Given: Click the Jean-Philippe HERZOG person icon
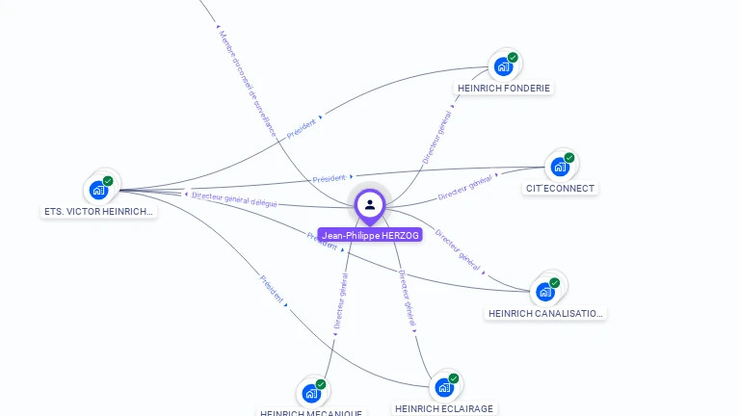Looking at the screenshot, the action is [x=370, y=204].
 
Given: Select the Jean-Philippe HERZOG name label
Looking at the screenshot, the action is [x=370, y=235].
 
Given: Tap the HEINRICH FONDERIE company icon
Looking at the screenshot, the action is [x=503, y=66].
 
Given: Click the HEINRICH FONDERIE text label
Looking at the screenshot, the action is [x=504, y=89].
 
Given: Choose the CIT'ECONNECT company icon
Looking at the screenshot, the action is [x=560, y=167].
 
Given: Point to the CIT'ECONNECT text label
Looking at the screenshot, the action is [x=560, y=189].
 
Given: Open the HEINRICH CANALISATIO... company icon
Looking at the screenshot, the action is [x=545, y=291].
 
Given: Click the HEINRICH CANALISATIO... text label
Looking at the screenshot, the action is [x=545, y=313].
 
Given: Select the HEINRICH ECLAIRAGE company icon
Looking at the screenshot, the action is [x=444, y=387].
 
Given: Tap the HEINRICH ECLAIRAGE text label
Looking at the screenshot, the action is [x=444, y=408].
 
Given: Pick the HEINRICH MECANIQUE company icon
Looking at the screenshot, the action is [x=311, y=393].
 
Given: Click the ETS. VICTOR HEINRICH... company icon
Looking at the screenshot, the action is [x=98, y=190].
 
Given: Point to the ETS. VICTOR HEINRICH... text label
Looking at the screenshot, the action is [x=98, y=211].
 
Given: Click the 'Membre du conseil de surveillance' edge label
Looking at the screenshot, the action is [x=248, y=83].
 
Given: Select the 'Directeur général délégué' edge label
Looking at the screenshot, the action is [x=234, y=199].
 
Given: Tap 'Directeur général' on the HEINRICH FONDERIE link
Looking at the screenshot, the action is [x=437, y=138].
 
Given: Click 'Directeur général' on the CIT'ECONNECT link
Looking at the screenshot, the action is [x=465, y=187].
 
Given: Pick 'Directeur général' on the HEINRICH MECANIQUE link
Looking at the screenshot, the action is [x=341, y=301].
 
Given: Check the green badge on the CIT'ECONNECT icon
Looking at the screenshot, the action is [x=569, y=158].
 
